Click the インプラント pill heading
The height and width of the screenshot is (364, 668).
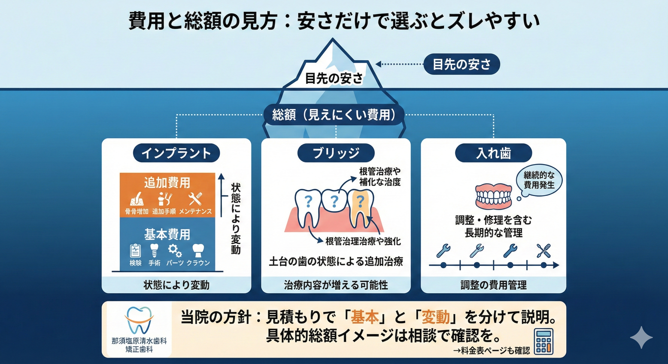(x=176, y=153)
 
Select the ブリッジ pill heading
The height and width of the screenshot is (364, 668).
(x=336, y=153)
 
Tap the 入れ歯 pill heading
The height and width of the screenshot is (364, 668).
(x=493, y=153)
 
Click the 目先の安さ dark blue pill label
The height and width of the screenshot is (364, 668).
(x=462, y=64)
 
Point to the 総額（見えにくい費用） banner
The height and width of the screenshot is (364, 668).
(x=334, y=115)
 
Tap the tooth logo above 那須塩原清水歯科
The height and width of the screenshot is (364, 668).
(x=139, y=320)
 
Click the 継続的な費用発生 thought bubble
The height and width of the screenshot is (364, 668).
(x=539, y=180)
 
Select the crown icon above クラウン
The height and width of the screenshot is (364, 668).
(x=198, y=250)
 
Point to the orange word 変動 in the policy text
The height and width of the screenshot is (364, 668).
(x=436, y=317)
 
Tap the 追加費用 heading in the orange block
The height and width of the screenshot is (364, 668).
(x=167, y=183)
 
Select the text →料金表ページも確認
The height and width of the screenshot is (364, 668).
(x=492, y=351)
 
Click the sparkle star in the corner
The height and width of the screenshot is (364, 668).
(x=641, y=337)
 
